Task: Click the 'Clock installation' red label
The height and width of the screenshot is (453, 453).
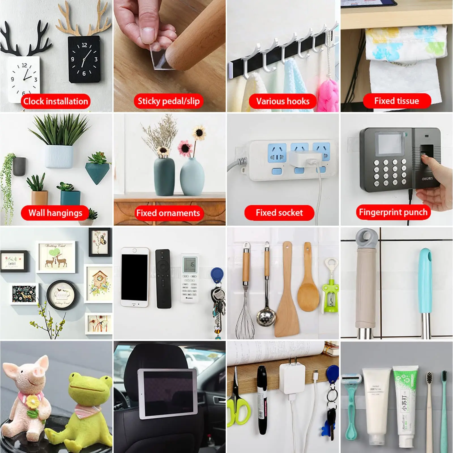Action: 55,101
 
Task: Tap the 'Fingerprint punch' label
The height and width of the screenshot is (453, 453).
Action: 393,212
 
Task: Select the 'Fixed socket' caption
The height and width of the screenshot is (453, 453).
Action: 279,213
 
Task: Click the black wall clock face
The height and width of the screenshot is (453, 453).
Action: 84,59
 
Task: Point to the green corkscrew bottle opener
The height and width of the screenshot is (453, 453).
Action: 330,294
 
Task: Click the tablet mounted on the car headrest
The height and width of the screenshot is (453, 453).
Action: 168,394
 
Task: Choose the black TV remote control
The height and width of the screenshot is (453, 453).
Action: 164,279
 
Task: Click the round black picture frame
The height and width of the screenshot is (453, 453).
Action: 62,294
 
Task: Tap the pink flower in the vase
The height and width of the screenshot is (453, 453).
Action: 185,148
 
